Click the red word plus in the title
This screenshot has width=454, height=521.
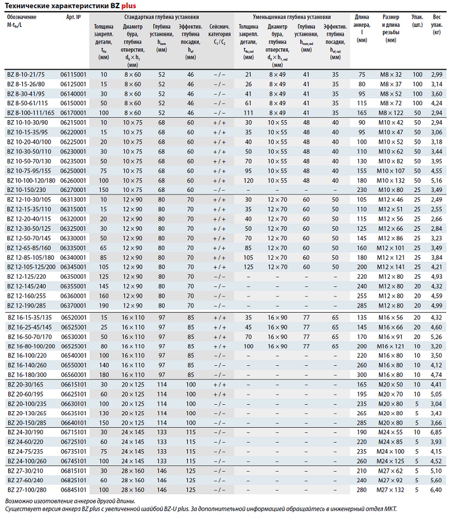click(x=120, y=5)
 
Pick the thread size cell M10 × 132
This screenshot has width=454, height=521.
click(x=391, y=180)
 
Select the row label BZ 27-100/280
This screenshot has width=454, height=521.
click(x=27, y=489)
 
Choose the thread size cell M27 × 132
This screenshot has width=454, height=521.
click(x=391, y=489)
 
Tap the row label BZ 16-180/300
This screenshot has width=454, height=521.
click(x=27, y=375)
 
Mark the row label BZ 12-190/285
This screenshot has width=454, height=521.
click(x=27, y=305)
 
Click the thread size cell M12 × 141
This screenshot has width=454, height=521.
click(x=391, y=267)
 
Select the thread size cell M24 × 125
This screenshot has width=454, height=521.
click(x=391, y=461)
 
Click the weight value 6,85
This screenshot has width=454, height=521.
click(x=436, y=432)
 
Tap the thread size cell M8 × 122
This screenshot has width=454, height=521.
click(x=391, y=111)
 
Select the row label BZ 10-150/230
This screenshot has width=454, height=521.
click(x=27, y=189)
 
